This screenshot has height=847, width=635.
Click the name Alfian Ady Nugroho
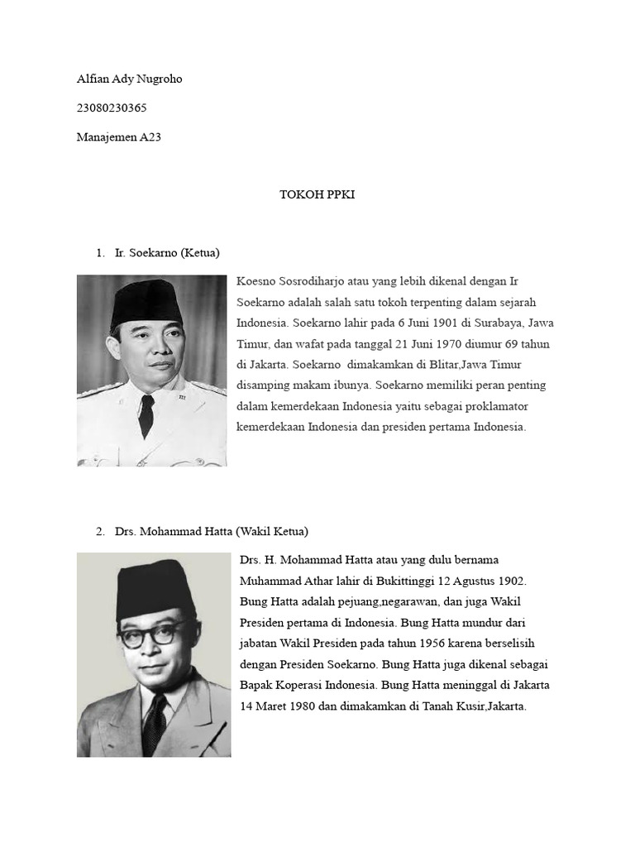point(129,79)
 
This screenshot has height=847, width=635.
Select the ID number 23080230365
point(112,108)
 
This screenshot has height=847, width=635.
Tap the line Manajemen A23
point(118,137)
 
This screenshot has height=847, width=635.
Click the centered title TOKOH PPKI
point(317,195)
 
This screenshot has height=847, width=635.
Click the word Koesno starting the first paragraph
point(256,281)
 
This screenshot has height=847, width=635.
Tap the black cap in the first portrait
point(147,302)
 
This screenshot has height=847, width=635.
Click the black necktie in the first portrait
point(146,414)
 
